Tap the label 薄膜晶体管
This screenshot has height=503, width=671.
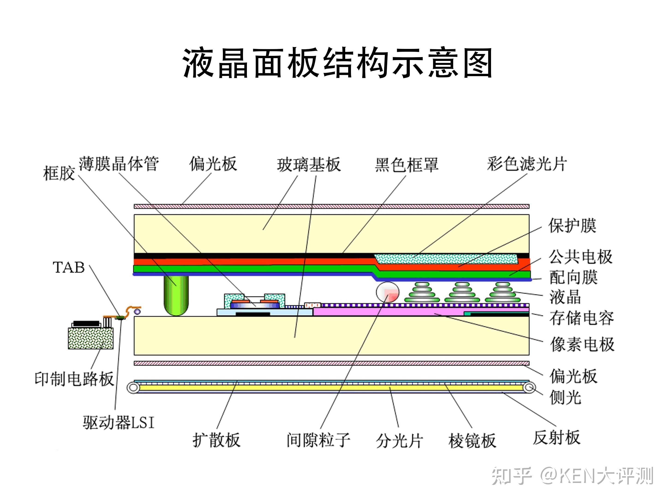119,164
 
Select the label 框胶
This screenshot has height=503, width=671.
59,174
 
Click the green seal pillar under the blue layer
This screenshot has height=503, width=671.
176,295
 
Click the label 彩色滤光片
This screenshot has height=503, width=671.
527,164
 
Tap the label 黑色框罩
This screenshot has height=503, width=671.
407,165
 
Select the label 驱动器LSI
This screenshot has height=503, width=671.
119,422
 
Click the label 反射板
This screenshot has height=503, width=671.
557,437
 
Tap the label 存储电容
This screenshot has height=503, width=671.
581,318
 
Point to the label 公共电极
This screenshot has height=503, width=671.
581,257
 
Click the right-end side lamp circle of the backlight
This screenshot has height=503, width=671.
529,387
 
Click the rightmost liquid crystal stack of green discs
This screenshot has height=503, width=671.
503,293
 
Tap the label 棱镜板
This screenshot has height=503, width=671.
472,440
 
